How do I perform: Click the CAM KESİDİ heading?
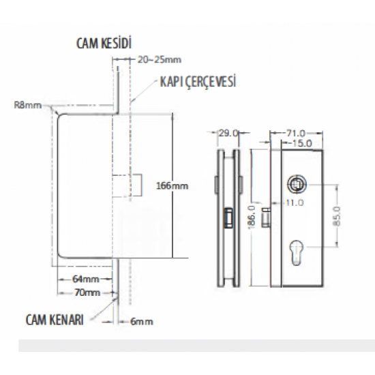[x=104, y=43]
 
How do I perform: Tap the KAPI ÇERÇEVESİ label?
[x=198, y=81]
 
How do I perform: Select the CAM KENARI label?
[x=55, y=320]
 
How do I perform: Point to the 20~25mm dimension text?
[x=160, y=59]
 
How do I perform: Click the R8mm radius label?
[x=28, y=105]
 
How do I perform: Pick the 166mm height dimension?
[x=172, y=186]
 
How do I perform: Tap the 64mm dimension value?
[x=86, y=279]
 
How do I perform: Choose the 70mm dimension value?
[x=87, y=292]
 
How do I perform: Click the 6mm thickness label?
[x=142, y=321]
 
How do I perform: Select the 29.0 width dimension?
[x=228, y=133]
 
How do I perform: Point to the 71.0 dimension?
[x=296, y=133]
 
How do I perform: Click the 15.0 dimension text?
[x=302, y=143]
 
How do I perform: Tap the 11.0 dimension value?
[x=295, y=202]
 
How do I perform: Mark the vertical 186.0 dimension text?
[x=252, y=217]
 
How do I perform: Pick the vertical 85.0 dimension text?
[x=337, y=216]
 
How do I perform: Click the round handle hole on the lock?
[x=295, y=184]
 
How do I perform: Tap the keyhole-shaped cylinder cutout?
[x=297, y=252]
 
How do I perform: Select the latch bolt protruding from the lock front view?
[x=266, y=217]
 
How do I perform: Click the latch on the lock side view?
[x=228, y=217]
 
